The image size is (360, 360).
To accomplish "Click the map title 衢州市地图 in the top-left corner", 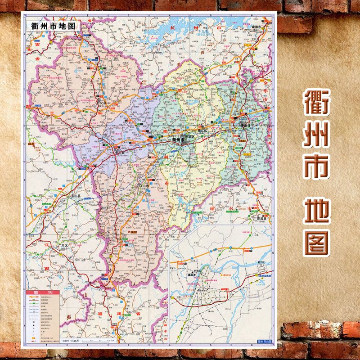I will [53, 26].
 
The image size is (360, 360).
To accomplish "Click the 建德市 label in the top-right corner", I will [258, 27].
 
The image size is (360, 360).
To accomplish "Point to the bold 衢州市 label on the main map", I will [181, 140].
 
